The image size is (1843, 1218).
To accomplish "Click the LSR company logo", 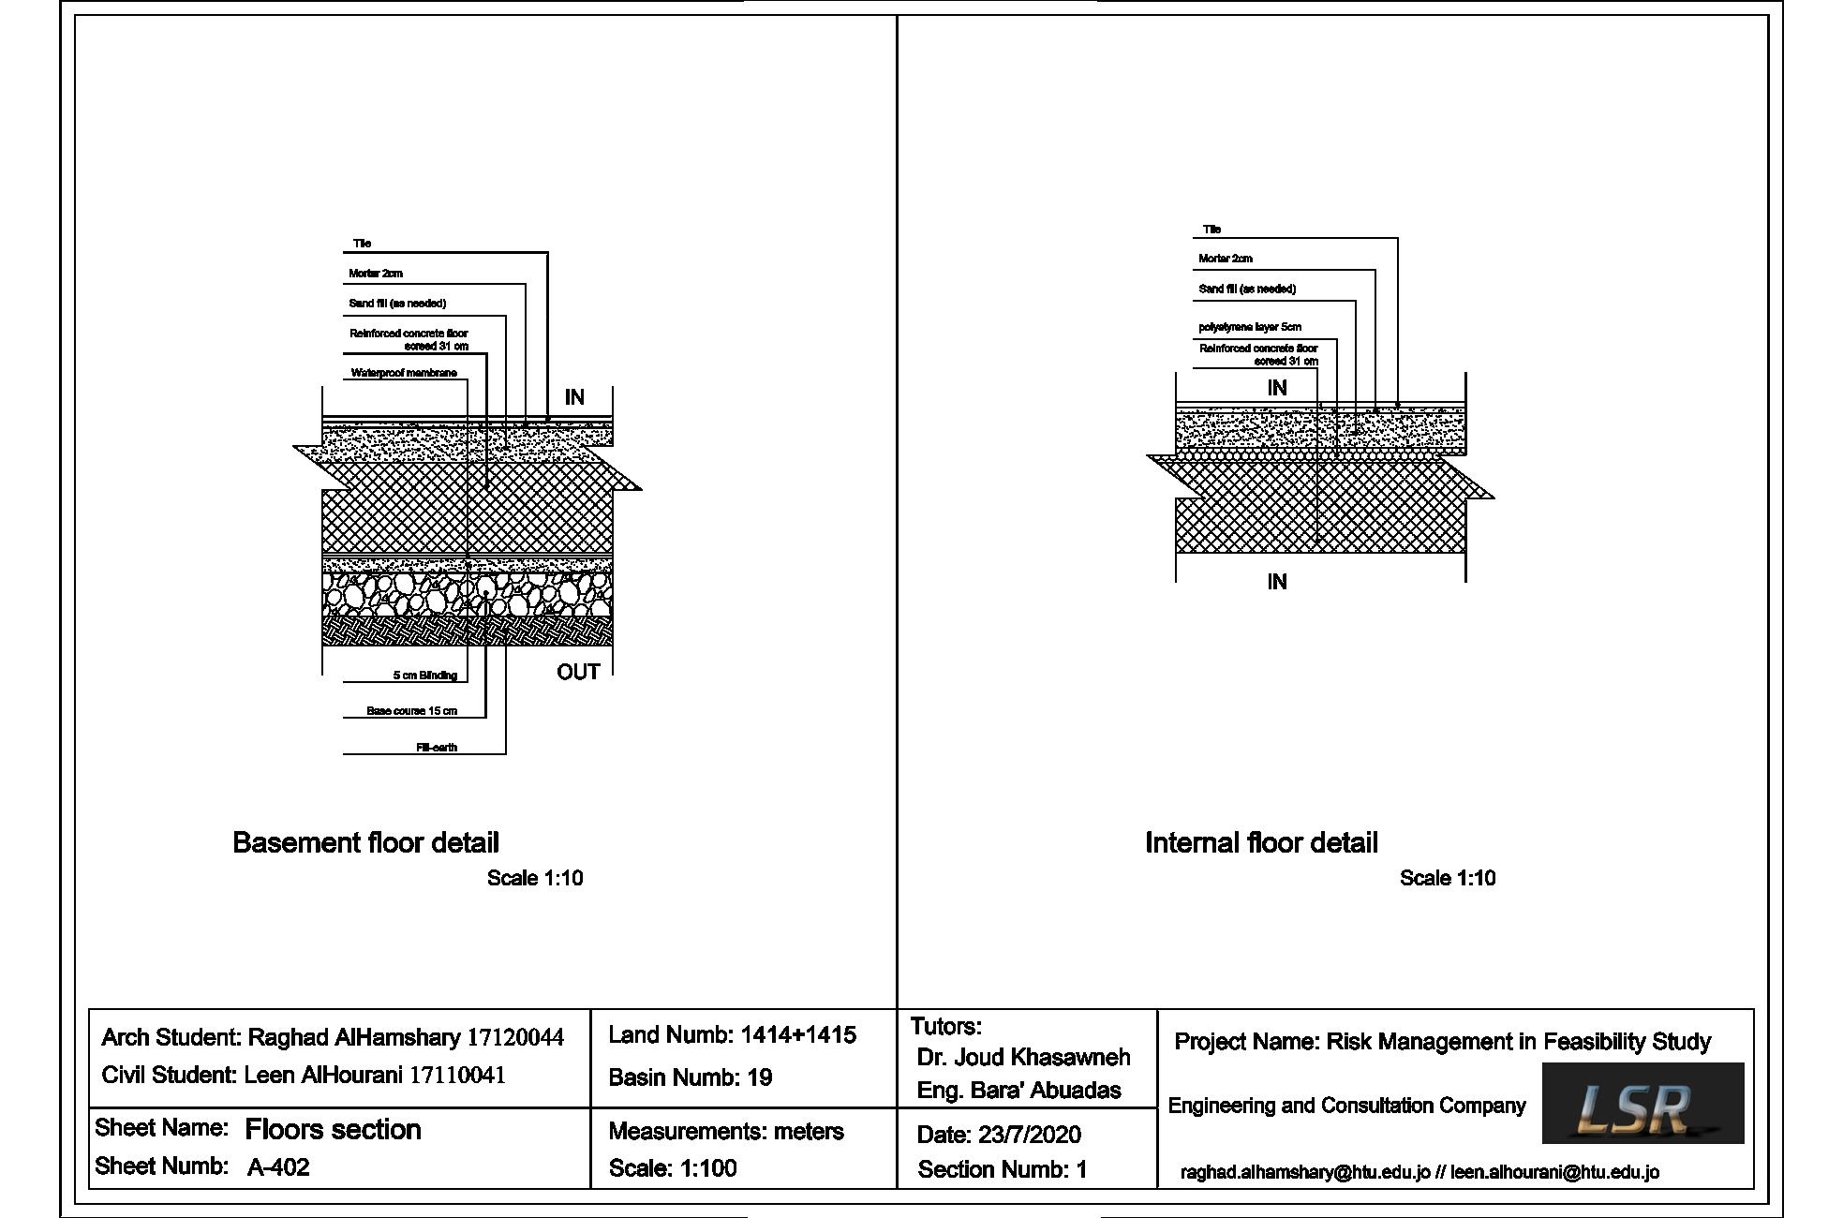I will (x=1642, y=1103).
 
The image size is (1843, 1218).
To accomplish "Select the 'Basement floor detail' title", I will (x=365, y=843).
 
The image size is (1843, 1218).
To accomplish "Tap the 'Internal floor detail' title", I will (x=1261, y=843).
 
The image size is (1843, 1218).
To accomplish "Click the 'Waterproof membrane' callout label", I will (x=404, y=373).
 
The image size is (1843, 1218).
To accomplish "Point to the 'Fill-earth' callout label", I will (x=437, y=748).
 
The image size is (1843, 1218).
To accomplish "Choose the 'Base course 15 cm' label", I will (x=412, y=711).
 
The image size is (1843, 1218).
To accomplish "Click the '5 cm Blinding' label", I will (x=425, y=676).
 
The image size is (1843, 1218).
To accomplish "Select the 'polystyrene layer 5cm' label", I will (x=1250, y=327).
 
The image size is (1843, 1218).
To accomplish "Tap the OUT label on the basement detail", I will (x=578, y=672).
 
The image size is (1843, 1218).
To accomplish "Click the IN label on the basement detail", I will (x=574, y=397).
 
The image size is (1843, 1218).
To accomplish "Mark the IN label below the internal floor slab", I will (x=1277, y=582).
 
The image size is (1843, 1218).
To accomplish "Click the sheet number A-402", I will (x=278, y=1167).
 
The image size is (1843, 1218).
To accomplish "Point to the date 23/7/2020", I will (x=1029, y=1135).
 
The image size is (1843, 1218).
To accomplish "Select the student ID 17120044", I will (x=515, y=1037).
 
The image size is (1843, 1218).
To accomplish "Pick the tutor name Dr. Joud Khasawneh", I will (x=1023, y=1058).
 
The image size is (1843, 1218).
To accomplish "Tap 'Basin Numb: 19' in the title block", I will (x=691, y=1077).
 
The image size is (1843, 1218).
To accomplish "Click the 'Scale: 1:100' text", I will (x=673, y=1168).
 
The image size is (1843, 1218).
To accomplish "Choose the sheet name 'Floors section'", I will (x=333, y=1129).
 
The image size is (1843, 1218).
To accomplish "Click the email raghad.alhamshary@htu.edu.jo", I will (x=1305, y=1172).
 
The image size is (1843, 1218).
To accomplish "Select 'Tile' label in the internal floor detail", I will (x=1211, y=229).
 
